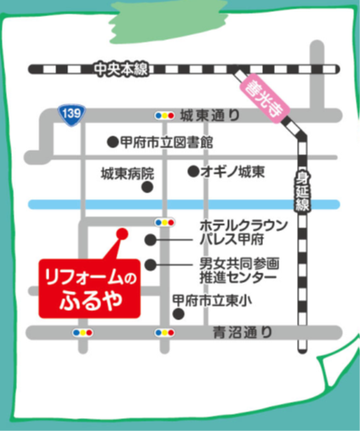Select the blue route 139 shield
click(72, 114)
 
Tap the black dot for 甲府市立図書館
click(111, 142)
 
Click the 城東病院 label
click(128, 172)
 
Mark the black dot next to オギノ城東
click(193, 170)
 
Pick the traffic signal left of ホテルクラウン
click(163, 222)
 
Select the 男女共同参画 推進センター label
click(238, 270)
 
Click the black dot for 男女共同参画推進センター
click(150, 265)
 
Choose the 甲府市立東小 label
click(212, 301)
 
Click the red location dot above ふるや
click(122, 232)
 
